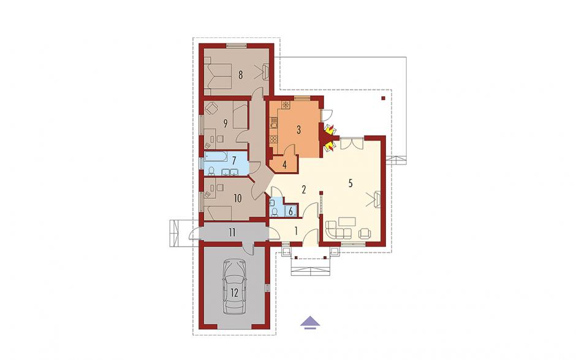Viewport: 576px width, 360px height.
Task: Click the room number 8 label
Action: (241, 75)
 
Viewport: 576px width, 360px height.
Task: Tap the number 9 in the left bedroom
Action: (225, 123)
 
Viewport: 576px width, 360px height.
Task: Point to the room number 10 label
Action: (238, 199)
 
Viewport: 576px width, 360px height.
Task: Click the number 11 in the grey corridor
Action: (232, 232)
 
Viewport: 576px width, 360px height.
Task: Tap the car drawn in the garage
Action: (234, 287)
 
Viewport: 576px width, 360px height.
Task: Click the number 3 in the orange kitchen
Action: (298, 129)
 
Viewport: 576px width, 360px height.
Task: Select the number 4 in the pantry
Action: (284, 164)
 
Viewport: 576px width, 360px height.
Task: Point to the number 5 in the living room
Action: (351, 183)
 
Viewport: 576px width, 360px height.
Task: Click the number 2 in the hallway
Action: (304, 190)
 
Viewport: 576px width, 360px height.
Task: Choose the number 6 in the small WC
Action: (291, 212)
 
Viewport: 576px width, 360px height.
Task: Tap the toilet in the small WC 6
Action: (274, 211)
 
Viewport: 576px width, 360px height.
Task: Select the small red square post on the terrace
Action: (384, 99)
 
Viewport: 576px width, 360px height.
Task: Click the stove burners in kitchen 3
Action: (274, 139)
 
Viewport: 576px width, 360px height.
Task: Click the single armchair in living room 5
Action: (365, 233)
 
